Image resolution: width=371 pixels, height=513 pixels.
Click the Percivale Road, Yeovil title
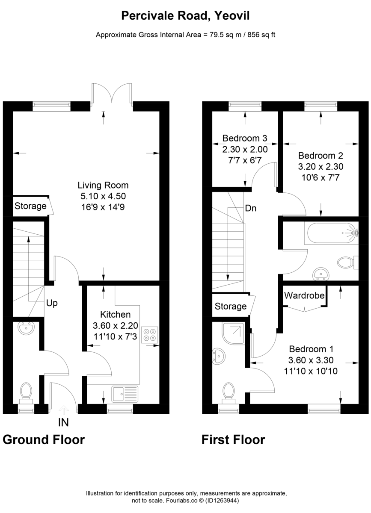185,16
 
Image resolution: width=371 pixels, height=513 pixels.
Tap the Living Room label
103,185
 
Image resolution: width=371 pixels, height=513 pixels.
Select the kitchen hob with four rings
149,334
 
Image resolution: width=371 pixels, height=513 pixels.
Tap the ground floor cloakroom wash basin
26,328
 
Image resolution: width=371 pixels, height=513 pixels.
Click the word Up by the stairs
52,303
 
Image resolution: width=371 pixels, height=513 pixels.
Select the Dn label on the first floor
251,209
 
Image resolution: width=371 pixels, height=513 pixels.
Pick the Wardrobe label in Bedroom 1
304,295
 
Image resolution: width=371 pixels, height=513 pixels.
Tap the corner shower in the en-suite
233,333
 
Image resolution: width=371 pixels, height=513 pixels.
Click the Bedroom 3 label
245,139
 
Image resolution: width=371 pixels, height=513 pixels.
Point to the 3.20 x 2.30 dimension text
321,166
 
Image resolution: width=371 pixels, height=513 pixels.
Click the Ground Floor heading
44,439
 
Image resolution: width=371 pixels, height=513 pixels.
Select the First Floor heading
233,439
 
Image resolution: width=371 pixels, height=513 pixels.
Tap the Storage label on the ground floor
30,206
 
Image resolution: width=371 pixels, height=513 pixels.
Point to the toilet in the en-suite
229,391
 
